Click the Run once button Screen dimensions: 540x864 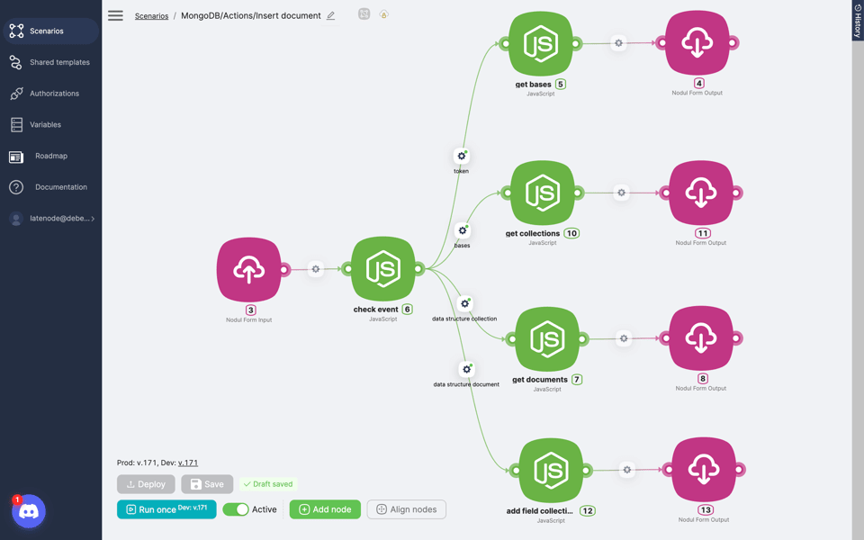click(166, 509)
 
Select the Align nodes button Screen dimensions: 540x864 click(406, 509)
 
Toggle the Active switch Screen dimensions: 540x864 click(236, 509)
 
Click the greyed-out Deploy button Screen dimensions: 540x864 click(146, 484)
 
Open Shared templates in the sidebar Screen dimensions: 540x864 click(59, 62)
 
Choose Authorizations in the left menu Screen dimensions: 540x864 click(54, 94)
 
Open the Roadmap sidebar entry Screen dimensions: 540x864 click(50, 156)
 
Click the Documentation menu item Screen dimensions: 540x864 click(60, 187)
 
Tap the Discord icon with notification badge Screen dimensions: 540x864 click(29, 511)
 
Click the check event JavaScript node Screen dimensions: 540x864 click(383, 269)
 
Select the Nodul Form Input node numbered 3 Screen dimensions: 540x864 click(249, 269)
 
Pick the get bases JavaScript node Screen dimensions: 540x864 click(541, 43)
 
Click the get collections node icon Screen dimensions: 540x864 click(543, 193)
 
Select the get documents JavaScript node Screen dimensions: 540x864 click(547, 339)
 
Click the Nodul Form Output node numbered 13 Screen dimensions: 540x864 click(704, 470)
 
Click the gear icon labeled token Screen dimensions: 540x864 click(462, 156)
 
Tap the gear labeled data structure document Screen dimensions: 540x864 click(466, 369)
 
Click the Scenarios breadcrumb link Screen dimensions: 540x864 click(151, 15)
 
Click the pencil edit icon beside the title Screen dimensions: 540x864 click(331, 15)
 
